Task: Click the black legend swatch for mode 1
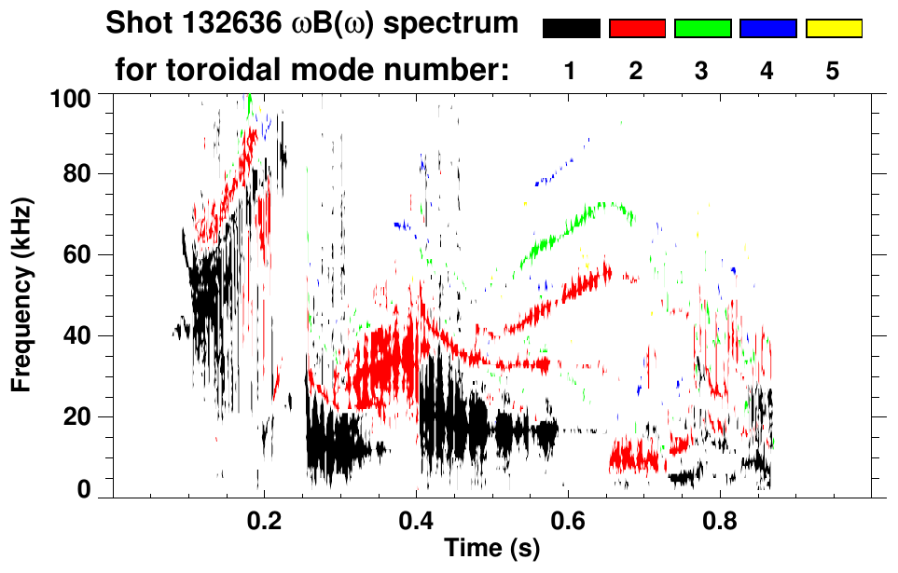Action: click(571, 29)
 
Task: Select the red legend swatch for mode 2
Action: click(637, 29)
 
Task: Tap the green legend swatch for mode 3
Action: click(702, 29)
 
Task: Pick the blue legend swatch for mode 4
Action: click(767, 29)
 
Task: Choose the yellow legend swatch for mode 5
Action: click(834, 29)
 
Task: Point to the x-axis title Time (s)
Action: click(491, 549)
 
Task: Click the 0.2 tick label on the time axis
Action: click(264, 520)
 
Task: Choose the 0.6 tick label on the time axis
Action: click(568, 520)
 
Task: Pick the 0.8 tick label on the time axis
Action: click(720, 520)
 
